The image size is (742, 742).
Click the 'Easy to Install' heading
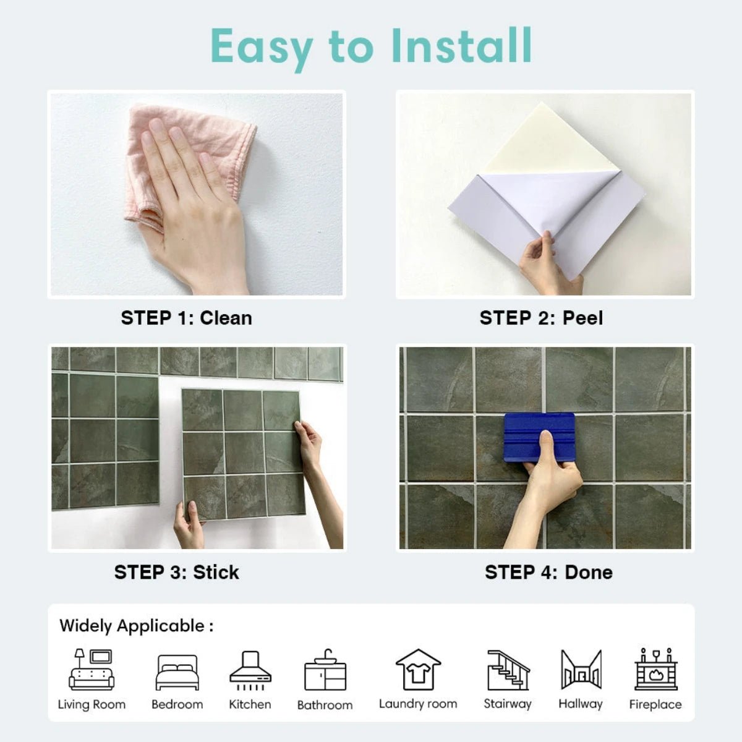point(371,46)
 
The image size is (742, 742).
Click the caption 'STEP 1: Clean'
point(186,318)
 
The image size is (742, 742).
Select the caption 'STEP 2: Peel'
point(541,318)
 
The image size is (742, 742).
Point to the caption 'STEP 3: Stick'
point(176,572)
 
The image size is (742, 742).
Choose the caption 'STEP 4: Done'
point(548,572)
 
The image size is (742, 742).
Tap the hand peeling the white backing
point(544,263)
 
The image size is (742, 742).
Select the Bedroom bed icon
point(177,672)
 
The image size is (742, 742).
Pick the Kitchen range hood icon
point(250,670)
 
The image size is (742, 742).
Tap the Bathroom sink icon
point(325,671)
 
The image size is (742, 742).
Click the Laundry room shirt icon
point(418,670)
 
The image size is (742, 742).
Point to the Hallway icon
point(581,670)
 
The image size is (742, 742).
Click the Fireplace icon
point(655,670)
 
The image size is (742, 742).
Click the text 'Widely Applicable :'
point(137,626)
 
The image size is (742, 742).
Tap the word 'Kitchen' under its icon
point(250,704)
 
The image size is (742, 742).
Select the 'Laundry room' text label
point(418,704)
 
